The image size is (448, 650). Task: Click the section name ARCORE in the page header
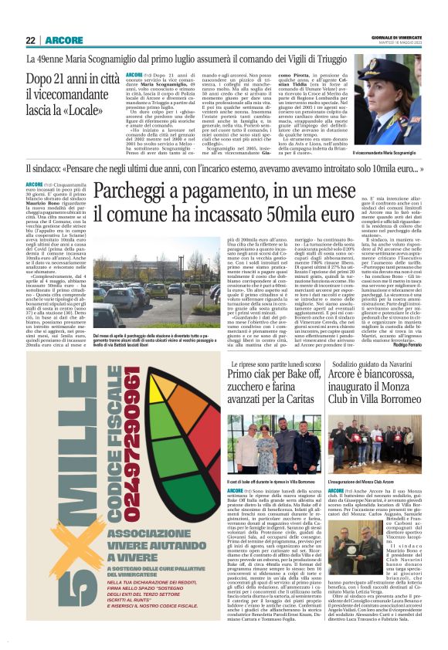point(63,40)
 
